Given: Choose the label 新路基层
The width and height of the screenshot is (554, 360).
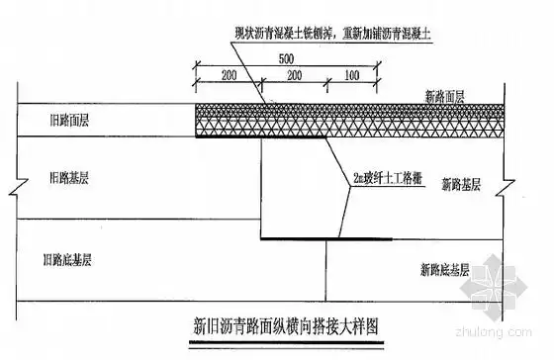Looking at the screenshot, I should (461, 183).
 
